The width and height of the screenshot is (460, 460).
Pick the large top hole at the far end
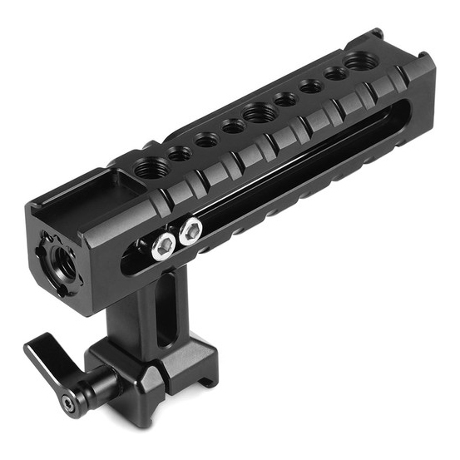pyautogui.click(x=360, y=61)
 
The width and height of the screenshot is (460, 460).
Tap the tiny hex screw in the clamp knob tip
pyautogui.click(x=66, y=403)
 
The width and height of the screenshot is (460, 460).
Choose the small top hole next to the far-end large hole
pyautogui.click(x=335, y=74)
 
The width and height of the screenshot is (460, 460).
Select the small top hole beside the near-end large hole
pyautogui.click(x=179, y=152)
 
